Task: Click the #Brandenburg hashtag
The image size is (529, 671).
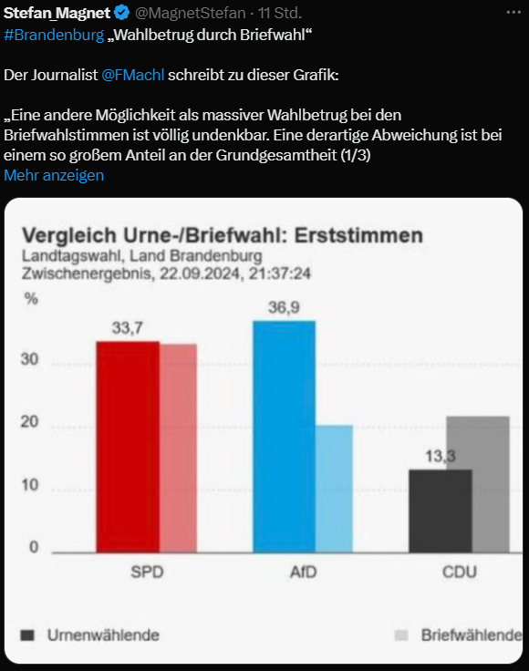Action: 53,34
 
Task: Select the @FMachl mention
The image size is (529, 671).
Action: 133,74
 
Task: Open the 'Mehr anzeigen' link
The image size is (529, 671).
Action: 54,175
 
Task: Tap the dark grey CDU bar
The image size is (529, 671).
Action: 440,510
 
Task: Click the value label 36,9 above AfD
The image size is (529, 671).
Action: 284,307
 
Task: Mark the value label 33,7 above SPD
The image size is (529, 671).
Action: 128,327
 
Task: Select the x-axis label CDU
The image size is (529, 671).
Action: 458,573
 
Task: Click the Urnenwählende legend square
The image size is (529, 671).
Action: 27,635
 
